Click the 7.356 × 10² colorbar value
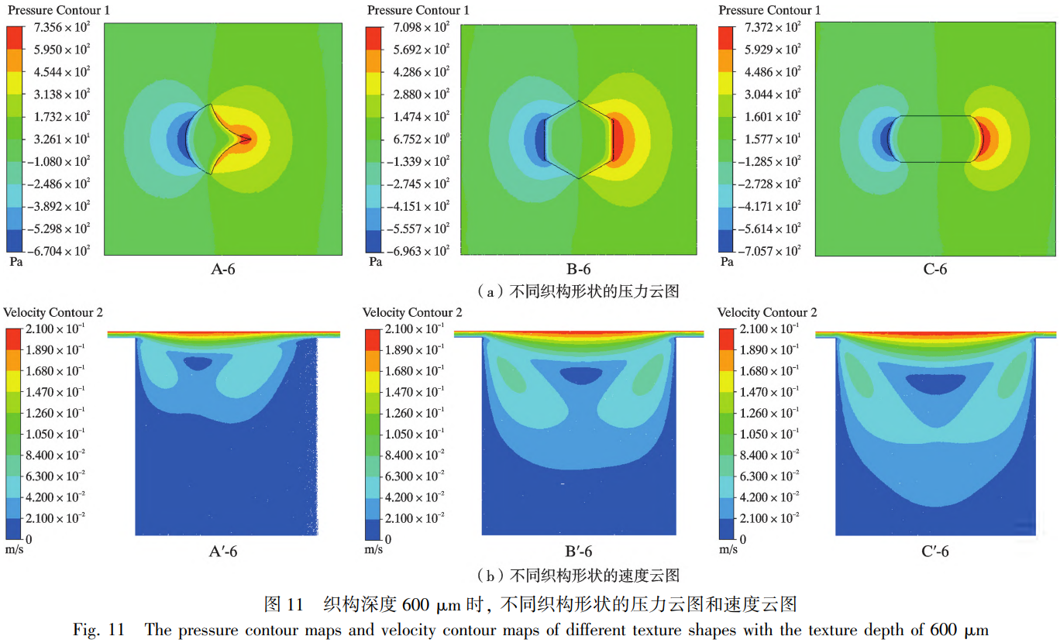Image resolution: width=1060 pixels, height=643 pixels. pos(61,27)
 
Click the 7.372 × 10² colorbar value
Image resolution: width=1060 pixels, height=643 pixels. pos(771,27)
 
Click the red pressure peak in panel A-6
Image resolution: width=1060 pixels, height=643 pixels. pos(245,139)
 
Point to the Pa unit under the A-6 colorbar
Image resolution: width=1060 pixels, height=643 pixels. pos(15,262)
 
